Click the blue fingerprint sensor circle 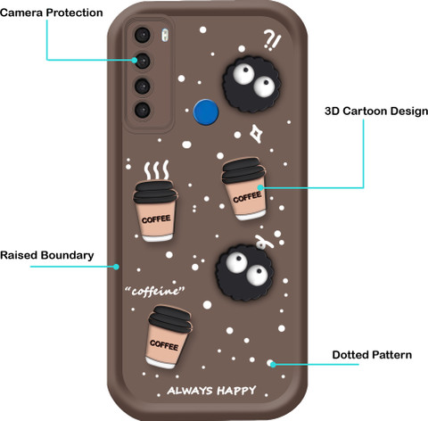tap(206, 112)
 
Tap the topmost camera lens tap(143, 35)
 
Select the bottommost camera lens tap(143, 110)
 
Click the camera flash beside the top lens tap(165, 35)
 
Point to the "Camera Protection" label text tap(52, 12)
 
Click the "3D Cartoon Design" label tap(376, 111)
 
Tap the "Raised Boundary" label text tap(47, 255)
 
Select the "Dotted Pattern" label tap(372, 355)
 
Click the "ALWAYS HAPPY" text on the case tap(211, 391)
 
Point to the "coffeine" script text tap(155, 291)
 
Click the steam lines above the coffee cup tap(157, 170)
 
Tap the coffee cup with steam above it tap(155, 210)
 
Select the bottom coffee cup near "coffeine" tap(169, 337)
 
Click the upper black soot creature tap(251, 85)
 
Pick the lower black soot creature tap(245, 272)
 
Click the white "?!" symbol tap(272, 41)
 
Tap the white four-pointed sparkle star tap(256, 134)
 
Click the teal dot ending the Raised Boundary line tap(116, 267)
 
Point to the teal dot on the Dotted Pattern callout tap(273, 364)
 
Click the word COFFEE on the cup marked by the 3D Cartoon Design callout tap(247, 197)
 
